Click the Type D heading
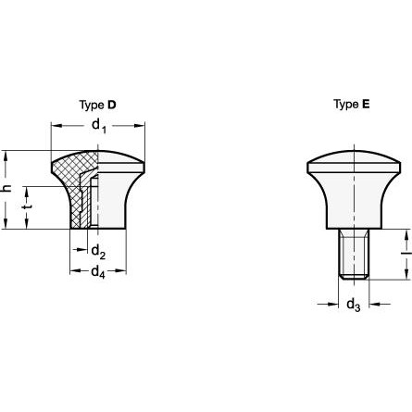point(97,106)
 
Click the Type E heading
point(352,105)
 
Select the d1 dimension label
point(99,126)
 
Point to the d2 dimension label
point(99,251)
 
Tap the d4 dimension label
point(98,272)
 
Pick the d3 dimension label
point(354,306)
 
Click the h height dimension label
point(6,188)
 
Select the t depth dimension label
point(27,206)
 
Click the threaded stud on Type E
point(354,254)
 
